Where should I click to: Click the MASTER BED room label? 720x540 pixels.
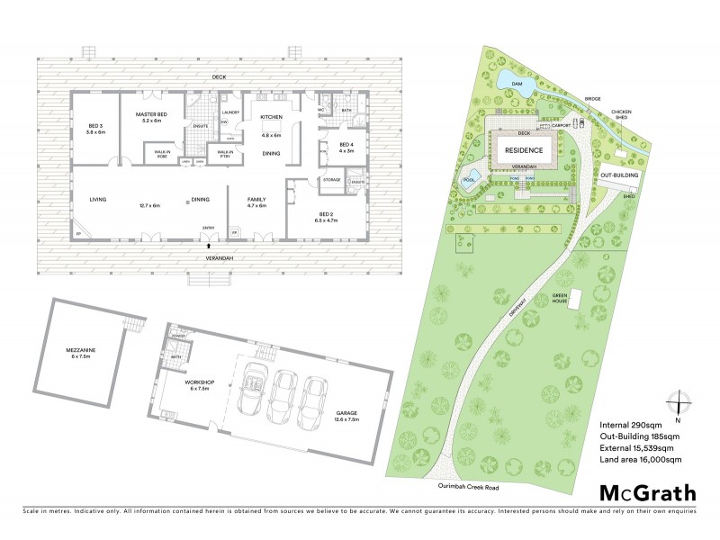click(151, 115)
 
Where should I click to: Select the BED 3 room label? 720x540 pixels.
click(96, 126)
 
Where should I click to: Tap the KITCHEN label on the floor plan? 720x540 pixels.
click(271, 118)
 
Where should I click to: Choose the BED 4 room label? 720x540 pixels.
click(346, 145)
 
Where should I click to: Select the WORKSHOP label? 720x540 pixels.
click(197, 382)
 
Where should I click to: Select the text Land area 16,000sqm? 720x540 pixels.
click(640, 459)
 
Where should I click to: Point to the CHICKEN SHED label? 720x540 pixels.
click(621, 116)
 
